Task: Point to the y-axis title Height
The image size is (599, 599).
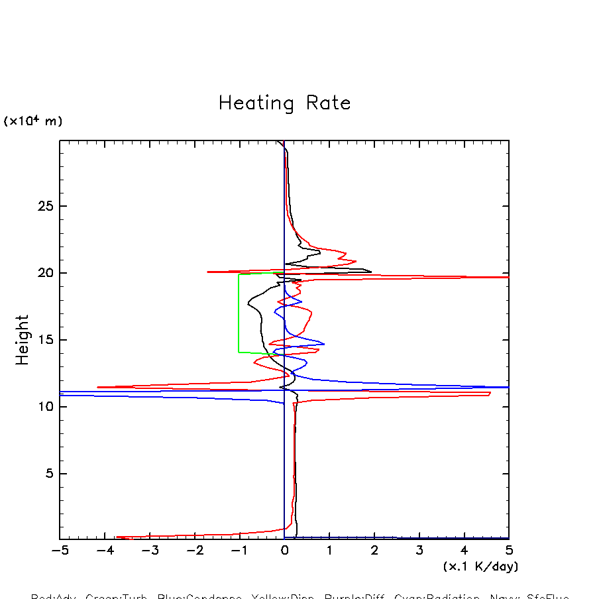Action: pyautogui.click(x=23, y=339)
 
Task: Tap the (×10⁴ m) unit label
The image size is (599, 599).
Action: pyautogui.click(x=33, y=121)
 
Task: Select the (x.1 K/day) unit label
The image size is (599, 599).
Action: pyautogui.click(x=480, y=567)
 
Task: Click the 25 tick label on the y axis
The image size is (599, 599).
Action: pyautogui.click(x=43, y=207)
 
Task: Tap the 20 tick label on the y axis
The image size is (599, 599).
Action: pyautogui.click(x=43, y=274)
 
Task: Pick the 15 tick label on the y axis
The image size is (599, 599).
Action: pyautogui.click(x=43, y=341)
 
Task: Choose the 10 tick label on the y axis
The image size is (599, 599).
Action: pyautogui.click(x=43, y=407)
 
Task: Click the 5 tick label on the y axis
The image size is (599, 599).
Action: pyautogui.click(x=47, y=474)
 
